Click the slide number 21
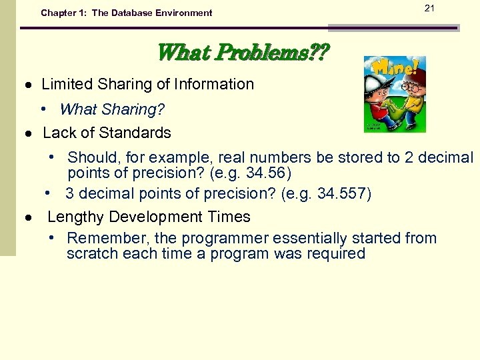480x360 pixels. pos(429,7)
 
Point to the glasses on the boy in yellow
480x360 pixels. pos(411,88)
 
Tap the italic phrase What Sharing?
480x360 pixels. pos(112,109)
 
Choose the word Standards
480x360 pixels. pos(140,133)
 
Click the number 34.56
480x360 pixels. pos(267,173)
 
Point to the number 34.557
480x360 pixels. pos(344,194)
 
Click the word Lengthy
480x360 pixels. pos(75,217)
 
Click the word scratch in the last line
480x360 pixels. pos(89,253)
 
